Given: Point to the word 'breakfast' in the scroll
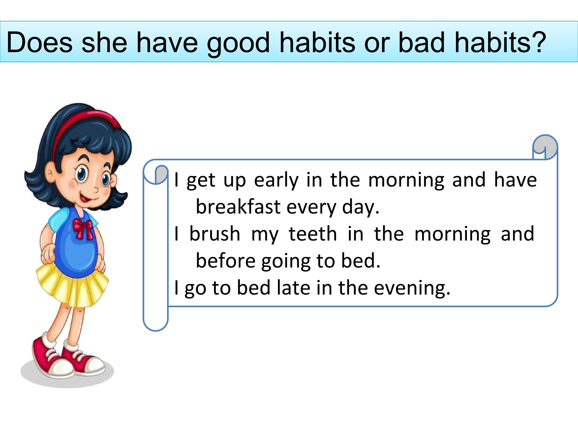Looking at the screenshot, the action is [x=238, y=206].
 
